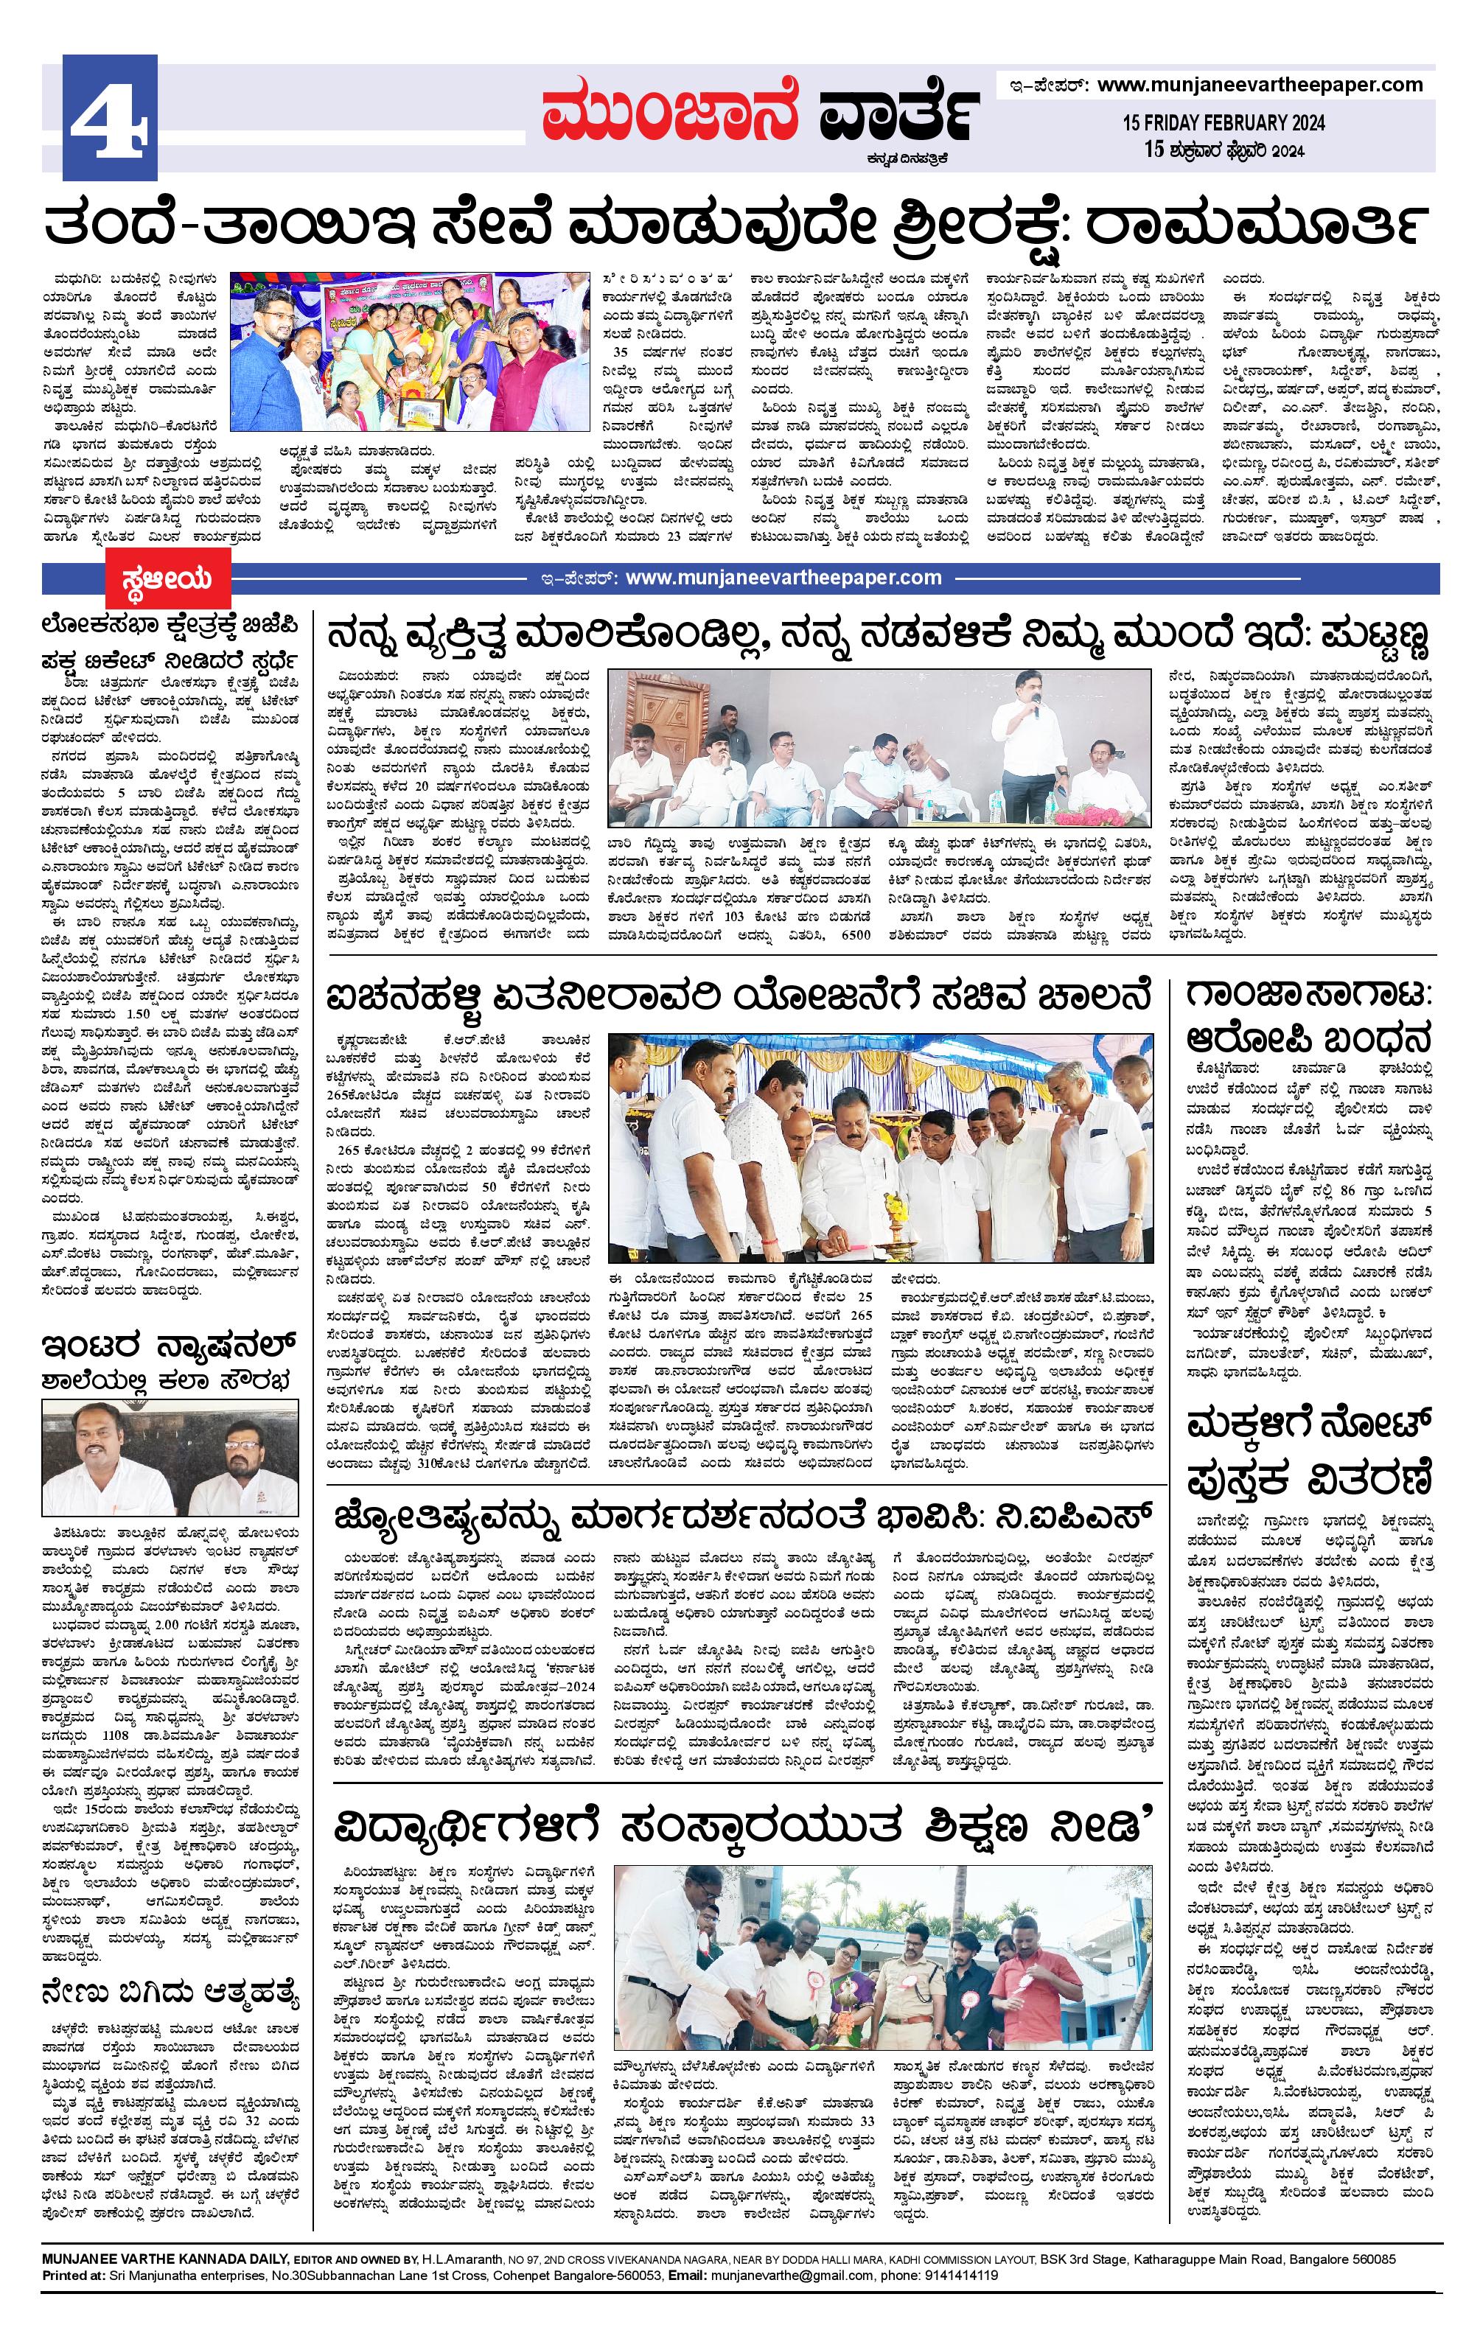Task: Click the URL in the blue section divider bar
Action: [782, 578]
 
